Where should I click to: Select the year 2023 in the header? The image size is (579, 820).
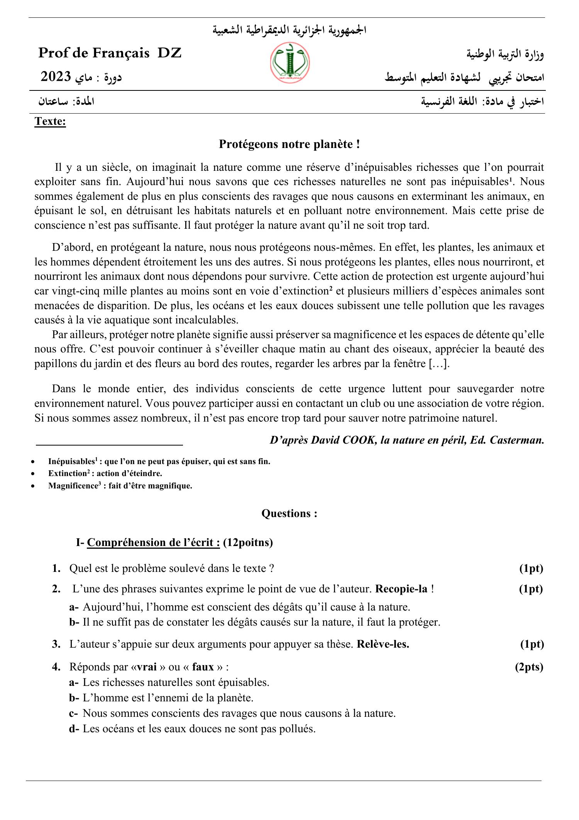tap(56, 77)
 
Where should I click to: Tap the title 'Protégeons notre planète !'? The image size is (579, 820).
tap(289, 144)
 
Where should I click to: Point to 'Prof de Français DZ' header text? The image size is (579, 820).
tap(110, 53)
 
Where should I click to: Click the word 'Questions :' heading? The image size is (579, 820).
tap(289, 513)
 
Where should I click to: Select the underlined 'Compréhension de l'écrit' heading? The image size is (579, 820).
tap(154, 543)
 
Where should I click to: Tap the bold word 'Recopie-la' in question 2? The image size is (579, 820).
tap(401, 589)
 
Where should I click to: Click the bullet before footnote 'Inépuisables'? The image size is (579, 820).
tap(36, 462)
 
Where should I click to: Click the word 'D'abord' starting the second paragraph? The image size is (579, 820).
tap(69, 247)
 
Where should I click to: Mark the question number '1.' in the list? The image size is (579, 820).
tap(56, 568)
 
